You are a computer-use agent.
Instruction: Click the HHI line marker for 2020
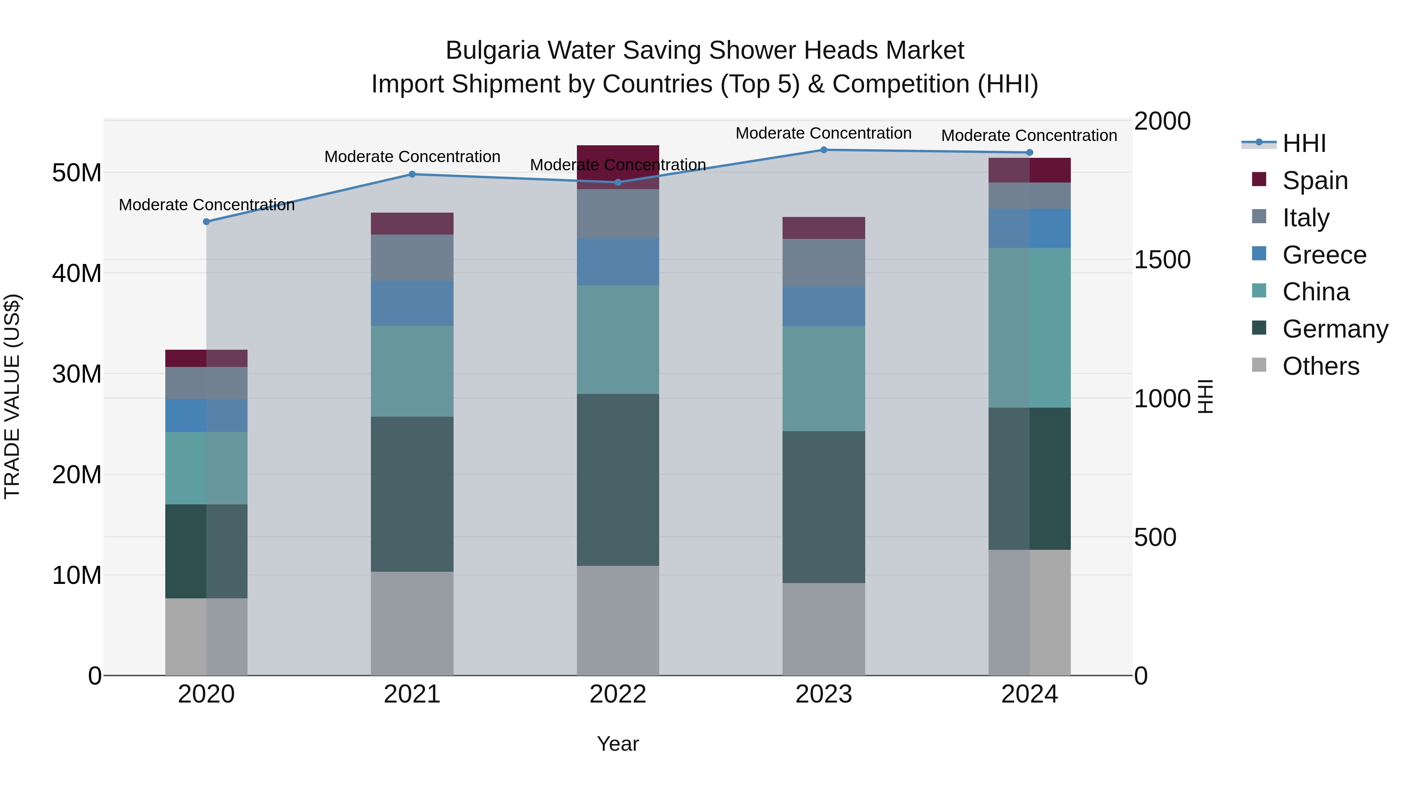[x=206, y=222]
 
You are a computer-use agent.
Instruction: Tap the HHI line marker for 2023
[x=824, y=150]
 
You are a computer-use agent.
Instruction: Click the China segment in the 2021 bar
[x=412, y=371]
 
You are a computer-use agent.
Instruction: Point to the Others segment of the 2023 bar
[x=824, y=629]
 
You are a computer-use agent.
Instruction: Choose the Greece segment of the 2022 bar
[x=618, y=262]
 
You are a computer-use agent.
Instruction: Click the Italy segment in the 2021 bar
[x=412, y=258]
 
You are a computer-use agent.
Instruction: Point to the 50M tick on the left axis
[x=77, y=173]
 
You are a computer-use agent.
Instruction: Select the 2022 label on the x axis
[x=618, y=694]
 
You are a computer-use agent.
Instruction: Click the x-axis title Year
[x=618, y=744]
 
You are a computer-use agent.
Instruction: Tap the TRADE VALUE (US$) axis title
[x=12, y=396]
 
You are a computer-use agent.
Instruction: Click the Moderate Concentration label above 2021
[x=412, y=157]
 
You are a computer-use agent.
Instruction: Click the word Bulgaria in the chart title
[x=492, y=51]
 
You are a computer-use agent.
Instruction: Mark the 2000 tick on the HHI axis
[x=1162, y=121]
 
